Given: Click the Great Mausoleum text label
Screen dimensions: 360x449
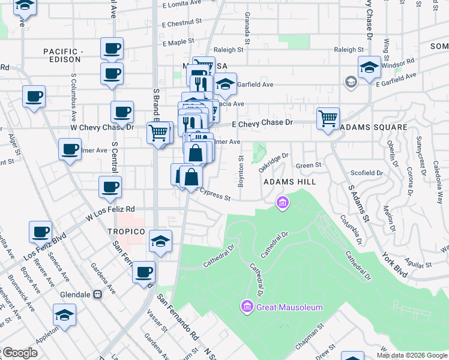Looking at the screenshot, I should point(289,307).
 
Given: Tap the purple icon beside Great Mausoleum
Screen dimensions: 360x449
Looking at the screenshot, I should point(246,307).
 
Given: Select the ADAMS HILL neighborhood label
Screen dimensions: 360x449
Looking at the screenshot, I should point(290,181).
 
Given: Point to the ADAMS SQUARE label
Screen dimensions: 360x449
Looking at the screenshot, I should point(373,128).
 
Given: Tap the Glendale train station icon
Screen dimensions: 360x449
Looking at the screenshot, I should point(97,295).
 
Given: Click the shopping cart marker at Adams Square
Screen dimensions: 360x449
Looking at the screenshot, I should point(328,118).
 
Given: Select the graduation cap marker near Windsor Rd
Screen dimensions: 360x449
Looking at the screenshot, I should point(369,67).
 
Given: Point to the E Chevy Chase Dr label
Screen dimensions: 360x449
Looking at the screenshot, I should point(262,123).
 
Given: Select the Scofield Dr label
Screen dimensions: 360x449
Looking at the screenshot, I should point(367,173).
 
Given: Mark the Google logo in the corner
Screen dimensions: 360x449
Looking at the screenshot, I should point(19,353).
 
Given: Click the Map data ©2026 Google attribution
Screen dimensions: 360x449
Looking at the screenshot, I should point(412,355).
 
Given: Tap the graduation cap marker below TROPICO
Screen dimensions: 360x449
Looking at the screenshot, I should point(160,241).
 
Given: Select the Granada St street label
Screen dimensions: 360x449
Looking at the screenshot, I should point(247,25).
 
